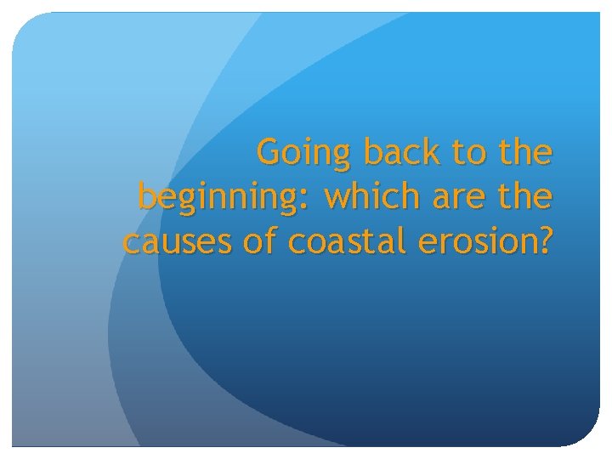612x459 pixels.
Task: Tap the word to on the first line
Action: point(468,153)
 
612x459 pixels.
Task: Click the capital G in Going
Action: point(269,153)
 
